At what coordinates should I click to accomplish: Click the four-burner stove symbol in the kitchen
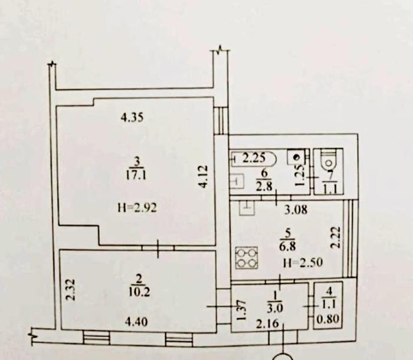coord(247,258)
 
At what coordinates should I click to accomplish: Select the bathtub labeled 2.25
coord(254,159)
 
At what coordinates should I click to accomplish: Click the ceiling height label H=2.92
coord(137,208)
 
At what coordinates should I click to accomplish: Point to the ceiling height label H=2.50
coord(303,263)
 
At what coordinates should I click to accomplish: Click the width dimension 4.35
coord(132,117)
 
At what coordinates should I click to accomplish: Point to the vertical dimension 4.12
coord(203,176)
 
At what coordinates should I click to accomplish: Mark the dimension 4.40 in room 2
coord(136,322)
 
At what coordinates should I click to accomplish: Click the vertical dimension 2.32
coord(71,290)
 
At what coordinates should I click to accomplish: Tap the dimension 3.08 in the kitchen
coord(296,210)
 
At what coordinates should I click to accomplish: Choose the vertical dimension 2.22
coord(336,238)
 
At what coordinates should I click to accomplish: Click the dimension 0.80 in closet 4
coord(327,319)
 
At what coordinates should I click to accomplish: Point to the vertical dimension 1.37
coord(241,310)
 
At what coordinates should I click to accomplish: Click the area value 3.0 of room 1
coord(275,308)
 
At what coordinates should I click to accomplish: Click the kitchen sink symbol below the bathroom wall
coord(247,207)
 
